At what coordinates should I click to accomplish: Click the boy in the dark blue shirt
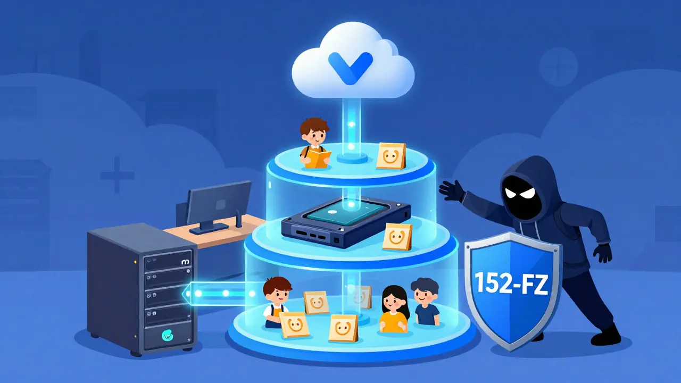point(426,302)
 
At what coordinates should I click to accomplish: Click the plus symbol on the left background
point(117,174)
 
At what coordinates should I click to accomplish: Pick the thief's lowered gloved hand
point(603,252)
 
